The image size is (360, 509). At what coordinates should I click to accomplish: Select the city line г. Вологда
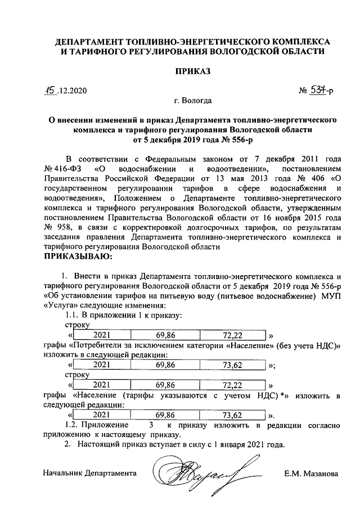193,101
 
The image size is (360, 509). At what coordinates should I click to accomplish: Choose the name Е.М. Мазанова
311,474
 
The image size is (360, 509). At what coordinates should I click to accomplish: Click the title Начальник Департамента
90,474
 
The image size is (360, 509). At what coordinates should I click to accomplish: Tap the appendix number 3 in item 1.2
151,425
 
